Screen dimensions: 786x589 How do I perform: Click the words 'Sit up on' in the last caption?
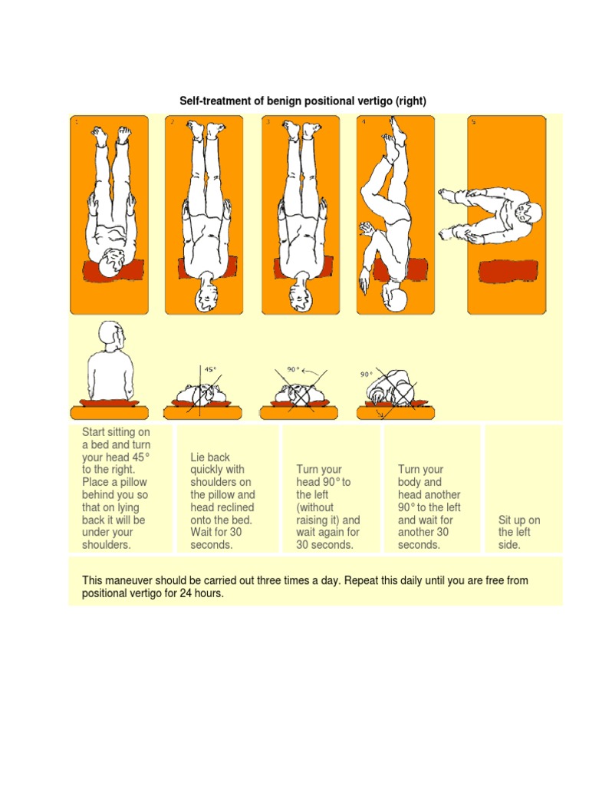tap(519, 520)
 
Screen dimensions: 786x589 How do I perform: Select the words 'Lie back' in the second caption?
tap(210, 457)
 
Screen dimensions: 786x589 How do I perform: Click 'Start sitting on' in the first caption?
tap(116, 433)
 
